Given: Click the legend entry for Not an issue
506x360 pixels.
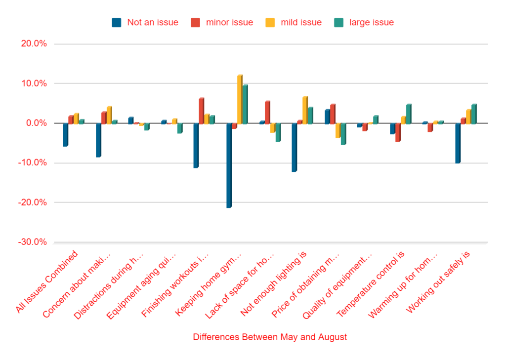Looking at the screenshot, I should [145, 22].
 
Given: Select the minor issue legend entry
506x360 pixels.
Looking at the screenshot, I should [222, 22].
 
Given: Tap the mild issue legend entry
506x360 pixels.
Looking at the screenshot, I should [294, 22].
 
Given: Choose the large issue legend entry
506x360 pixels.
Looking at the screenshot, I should [365, 22].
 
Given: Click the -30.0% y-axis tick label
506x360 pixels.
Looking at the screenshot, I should [33, 242].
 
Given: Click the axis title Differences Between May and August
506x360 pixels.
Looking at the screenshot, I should [270, 337].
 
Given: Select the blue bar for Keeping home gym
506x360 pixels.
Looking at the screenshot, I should [229, 165].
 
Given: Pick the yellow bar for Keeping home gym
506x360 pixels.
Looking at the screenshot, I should [240, 99].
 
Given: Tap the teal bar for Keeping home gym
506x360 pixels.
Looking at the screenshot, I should [245, 104].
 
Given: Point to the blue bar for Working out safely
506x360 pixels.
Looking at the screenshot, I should [458, 143].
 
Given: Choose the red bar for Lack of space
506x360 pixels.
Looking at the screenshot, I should [267, 112].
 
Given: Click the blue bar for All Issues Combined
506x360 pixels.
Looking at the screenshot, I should [65, 135].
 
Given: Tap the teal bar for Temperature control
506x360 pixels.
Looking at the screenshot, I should [409, 114].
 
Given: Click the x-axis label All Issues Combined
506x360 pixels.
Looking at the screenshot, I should [48, 282].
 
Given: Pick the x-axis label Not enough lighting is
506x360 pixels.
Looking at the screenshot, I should [275, 283].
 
